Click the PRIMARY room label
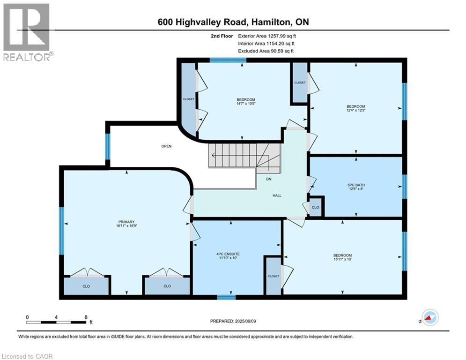click(x=126, y=224)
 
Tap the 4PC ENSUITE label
click(x=228, y=256)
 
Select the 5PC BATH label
click(x=356, y=187)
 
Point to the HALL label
click(x=277, y=195)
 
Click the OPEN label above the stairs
click(x=166, y=146)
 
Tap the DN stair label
click(x=269, y=179)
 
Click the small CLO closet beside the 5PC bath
click(x=315, y=207)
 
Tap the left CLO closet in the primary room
click(x=86, y=286)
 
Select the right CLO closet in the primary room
click(x=167, y=286)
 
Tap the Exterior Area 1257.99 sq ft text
click(x=267, y=36)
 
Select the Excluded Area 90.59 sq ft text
click(x=266, y=51)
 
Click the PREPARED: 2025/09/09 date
click(x=233, y=321)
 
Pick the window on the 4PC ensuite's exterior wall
click(x=226, y=297)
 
